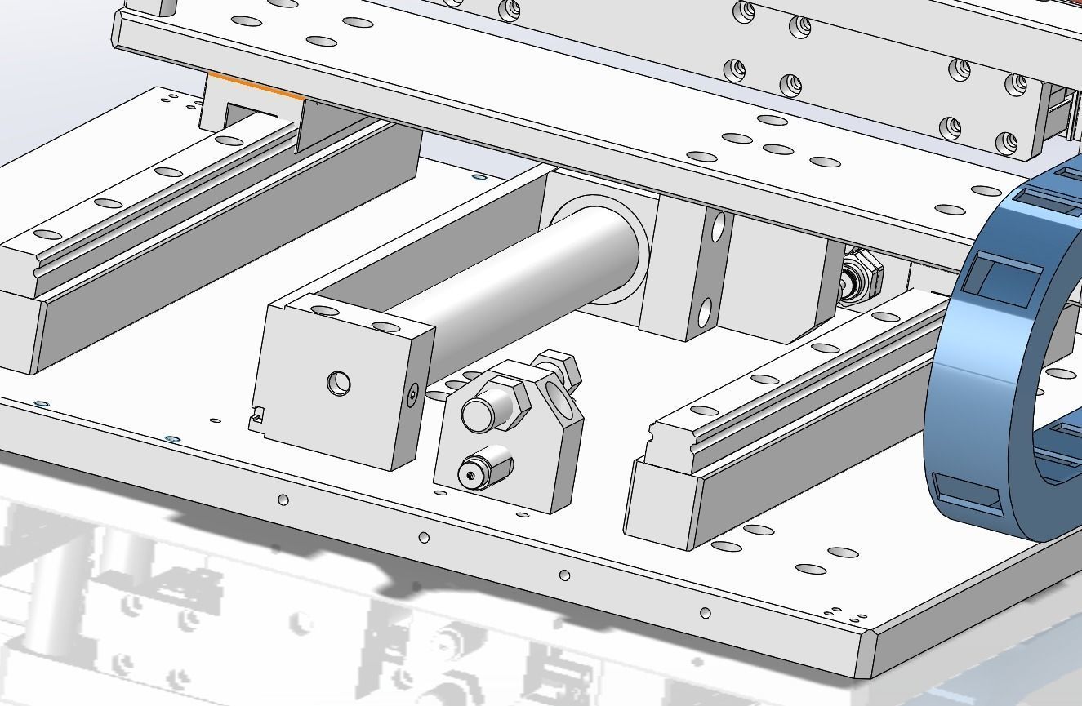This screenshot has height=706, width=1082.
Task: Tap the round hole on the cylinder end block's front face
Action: pos(338,383)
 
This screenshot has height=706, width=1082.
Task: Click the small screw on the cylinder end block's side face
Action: pos(412,396)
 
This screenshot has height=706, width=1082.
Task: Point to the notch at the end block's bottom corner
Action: pos(256,419)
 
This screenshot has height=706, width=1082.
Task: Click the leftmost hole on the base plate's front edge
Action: pos(283,500)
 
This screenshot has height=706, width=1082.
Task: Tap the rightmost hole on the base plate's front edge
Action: pos(706,612)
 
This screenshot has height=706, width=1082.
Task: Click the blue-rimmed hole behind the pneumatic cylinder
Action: pos(479,176)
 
